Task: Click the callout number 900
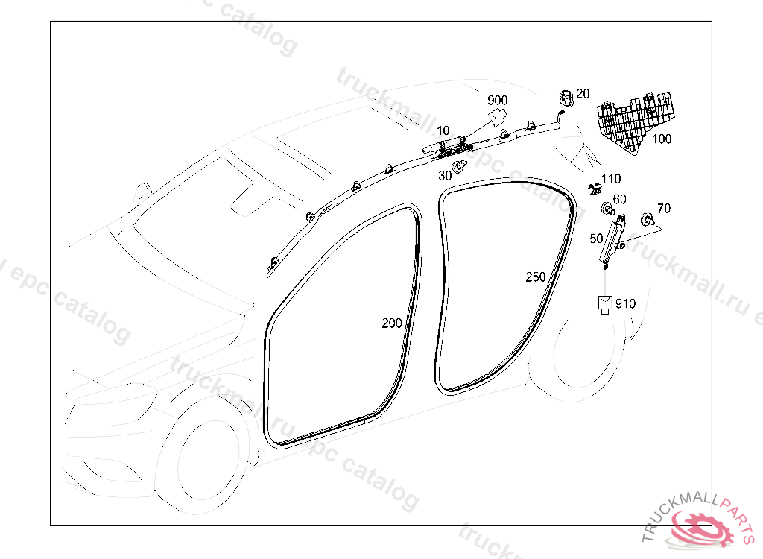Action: coord(498,101)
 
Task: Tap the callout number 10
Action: coord(443,131)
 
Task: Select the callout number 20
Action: coord(583,94)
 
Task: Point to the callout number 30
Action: coord(445,176)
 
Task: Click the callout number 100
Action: coord(662,139)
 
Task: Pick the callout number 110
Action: coord(611,179)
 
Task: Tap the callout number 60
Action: coord(619,200)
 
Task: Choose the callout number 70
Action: coord(664,209)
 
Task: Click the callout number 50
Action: coord(596,239)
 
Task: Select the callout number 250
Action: coord(536,277)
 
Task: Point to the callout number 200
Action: coord(392,323)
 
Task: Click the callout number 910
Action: coord(625,303)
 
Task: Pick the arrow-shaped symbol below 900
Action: coord(497,117)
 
